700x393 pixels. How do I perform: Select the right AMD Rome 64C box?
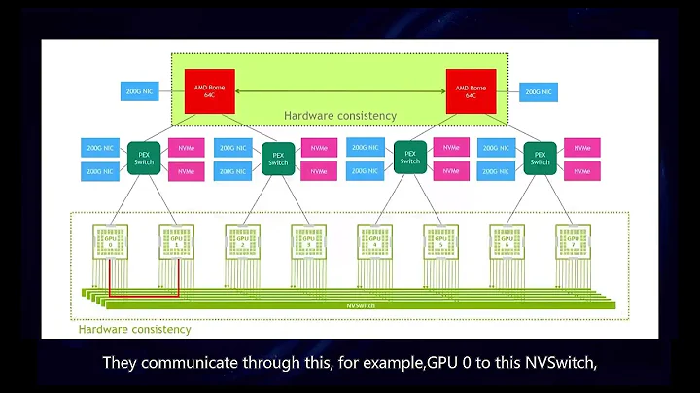tap(471, 91)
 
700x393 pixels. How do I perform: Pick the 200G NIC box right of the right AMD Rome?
tap(537, 91)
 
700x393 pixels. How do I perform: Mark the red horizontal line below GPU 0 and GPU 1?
tap(144, 295)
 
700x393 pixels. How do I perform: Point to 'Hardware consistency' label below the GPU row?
tap(135, 330)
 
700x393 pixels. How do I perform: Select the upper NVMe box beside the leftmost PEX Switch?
tap(187, 148)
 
